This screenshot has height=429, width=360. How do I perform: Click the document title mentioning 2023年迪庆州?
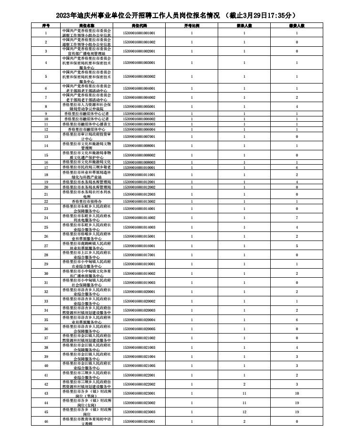[x=180, y=16]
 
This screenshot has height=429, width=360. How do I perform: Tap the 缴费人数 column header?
[x=296, y=25]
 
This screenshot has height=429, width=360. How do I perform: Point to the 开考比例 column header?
[x=192, y=25]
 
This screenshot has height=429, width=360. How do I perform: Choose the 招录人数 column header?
[x=244, y=25]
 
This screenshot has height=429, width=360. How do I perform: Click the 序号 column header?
[x=46, y=25]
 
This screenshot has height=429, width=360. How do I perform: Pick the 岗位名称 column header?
[x=87, y=25]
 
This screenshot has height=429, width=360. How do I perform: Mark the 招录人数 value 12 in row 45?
[x=244, y=411]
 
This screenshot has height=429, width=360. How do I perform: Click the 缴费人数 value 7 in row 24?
[x=296, y=218]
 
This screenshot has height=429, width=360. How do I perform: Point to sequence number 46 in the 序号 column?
[x=46, y=421]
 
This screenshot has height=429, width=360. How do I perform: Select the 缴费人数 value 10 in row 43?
[x=296, y=393]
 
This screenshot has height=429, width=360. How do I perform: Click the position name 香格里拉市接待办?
[x=87, y=201]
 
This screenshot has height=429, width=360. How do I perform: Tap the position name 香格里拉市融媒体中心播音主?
[x=87, y=124]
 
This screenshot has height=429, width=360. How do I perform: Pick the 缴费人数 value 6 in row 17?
[x=296, y=167]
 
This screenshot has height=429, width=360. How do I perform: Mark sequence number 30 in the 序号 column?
[x=46, y=273]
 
